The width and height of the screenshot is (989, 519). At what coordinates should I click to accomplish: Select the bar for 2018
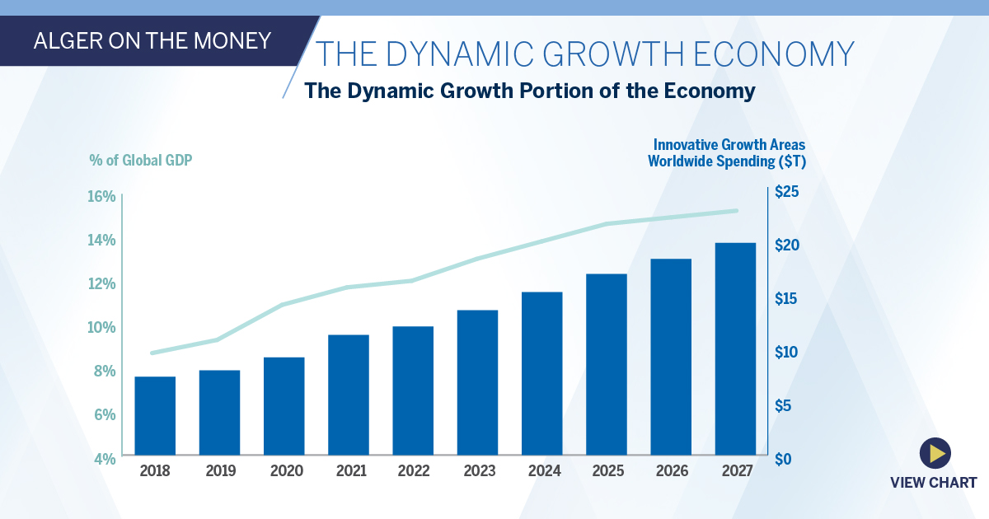click(x=155, y=415)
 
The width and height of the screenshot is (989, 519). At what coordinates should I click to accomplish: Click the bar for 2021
click(x=349, y=395)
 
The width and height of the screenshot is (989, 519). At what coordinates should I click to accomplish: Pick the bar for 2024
click(x=541, y=373)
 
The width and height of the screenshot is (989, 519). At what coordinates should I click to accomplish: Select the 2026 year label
click(x=672, y=471)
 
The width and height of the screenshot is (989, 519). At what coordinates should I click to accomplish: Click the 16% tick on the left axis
click(x=103, y=196)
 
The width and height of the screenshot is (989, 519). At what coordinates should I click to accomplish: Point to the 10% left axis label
click(x=103, y=327)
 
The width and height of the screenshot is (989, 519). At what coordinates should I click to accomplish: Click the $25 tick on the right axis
click(x=786, y=193)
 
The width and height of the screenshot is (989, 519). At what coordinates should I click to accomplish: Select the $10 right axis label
click(x=786, y=353)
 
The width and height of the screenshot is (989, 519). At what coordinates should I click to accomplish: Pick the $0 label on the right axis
click(x=783, y=459)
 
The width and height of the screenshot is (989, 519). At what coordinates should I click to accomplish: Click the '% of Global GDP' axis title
click(x=140, y=160)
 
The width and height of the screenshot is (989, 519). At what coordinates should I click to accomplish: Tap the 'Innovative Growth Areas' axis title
click(x=729, y=145)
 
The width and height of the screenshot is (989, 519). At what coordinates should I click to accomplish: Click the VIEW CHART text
click(x=933, y=483)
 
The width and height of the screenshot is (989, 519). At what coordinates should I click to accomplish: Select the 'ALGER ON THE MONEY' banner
click(x=152, y=40)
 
